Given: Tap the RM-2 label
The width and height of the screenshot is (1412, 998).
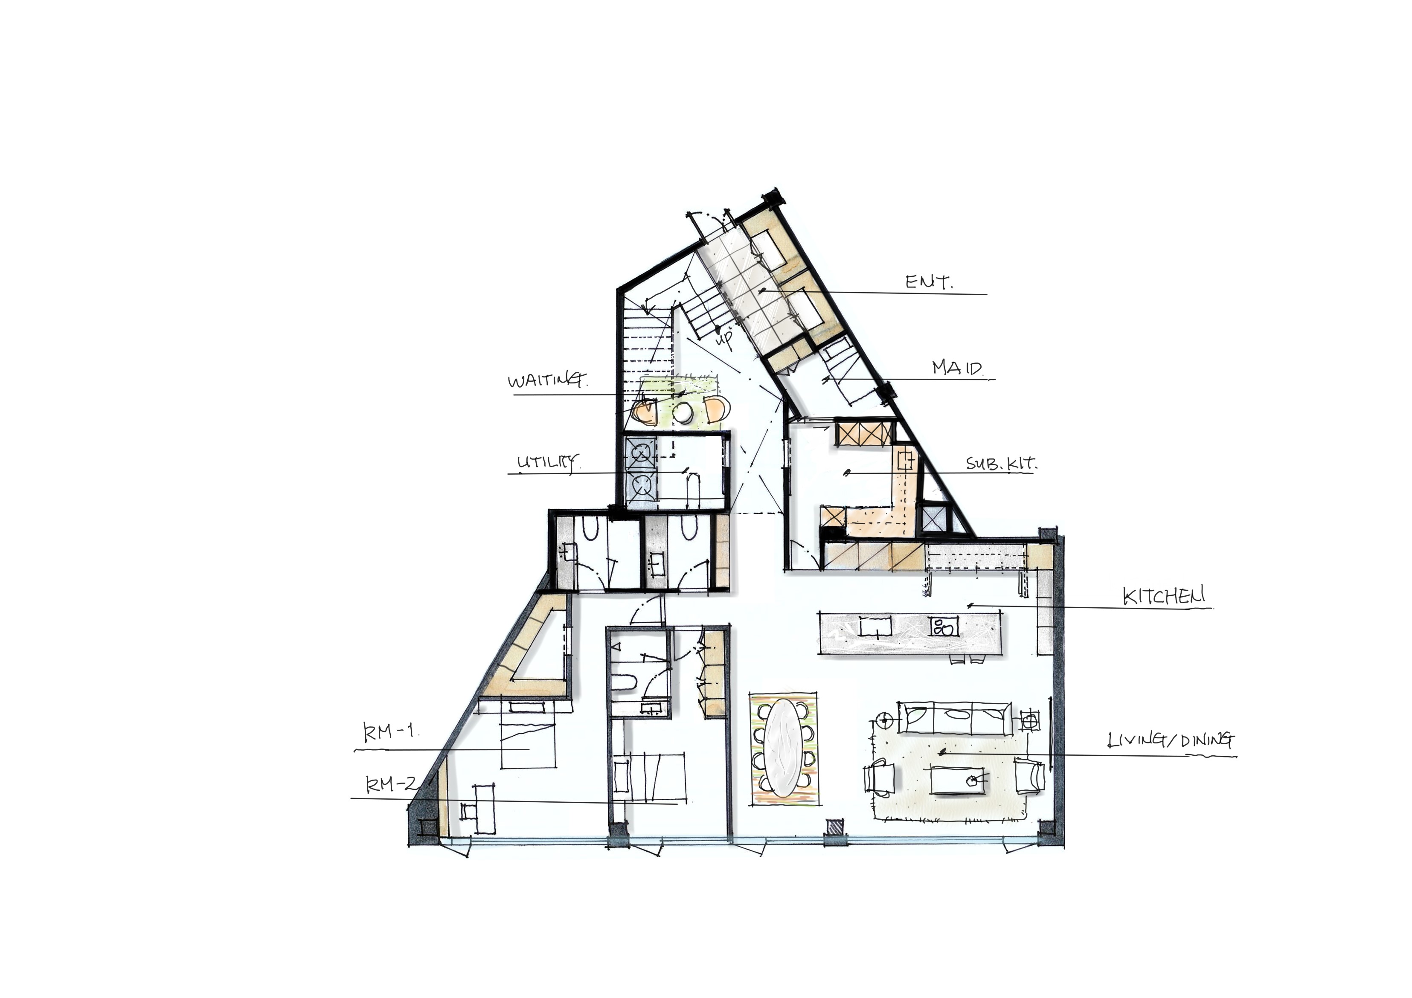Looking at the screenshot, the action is pyautogui.click(x=392, y=784).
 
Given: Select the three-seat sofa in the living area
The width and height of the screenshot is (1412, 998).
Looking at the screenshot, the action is pyautogui.click(x=954, y=719).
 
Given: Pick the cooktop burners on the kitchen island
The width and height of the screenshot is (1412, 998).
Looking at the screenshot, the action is pyautogui.click(x=943, y=627).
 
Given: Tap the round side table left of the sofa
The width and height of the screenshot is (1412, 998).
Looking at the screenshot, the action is pyautogui.click(x=884, y=718).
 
